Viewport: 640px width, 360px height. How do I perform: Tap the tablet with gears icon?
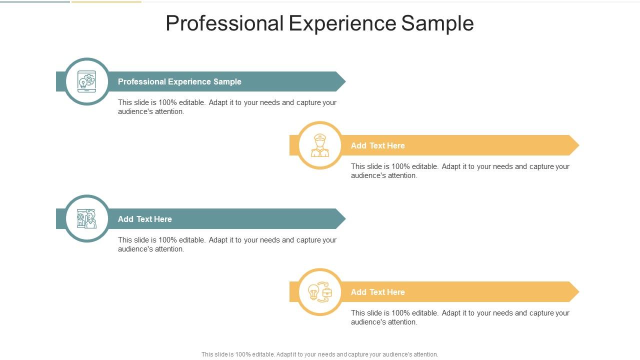pyautogui.click(x=87, y=81)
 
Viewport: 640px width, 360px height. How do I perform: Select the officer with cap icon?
pyautogui.click(x=320, y=145)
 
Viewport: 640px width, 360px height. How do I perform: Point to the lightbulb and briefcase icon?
pyautogui.click(x=320, y=292)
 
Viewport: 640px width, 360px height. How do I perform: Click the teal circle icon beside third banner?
pyautogui.click(x=87, y=218)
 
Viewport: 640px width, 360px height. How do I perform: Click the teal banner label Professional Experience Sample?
pyautogui.click(x=179, y=81)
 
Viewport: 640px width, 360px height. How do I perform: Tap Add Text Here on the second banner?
pyautogui.click(x=377, y=145)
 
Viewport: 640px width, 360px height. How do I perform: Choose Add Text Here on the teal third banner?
pyautogui.click(x=144, y=219)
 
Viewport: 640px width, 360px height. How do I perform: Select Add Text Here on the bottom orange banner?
pyautogui.click(x=377, y=292)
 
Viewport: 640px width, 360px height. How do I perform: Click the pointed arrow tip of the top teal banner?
pyautogui.click(x=341, y=81)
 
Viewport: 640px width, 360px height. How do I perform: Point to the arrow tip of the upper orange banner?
pyautogui.click(x=574, y=145)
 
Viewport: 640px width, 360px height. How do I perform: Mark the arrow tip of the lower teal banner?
pyautogui.click(x=341, y=219)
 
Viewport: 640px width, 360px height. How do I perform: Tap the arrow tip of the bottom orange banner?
pyautogui.click(x=574, y=292)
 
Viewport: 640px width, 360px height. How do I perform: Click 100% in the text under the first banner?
pyautogui.click(x=167, y=102)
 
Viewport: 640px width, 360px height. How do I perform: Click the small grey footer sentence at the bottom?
pyautogui.click(x=319, y=354)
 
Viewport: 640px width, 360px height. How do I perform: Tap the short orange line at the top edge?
pyautogui.click(x=106, y=1)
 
